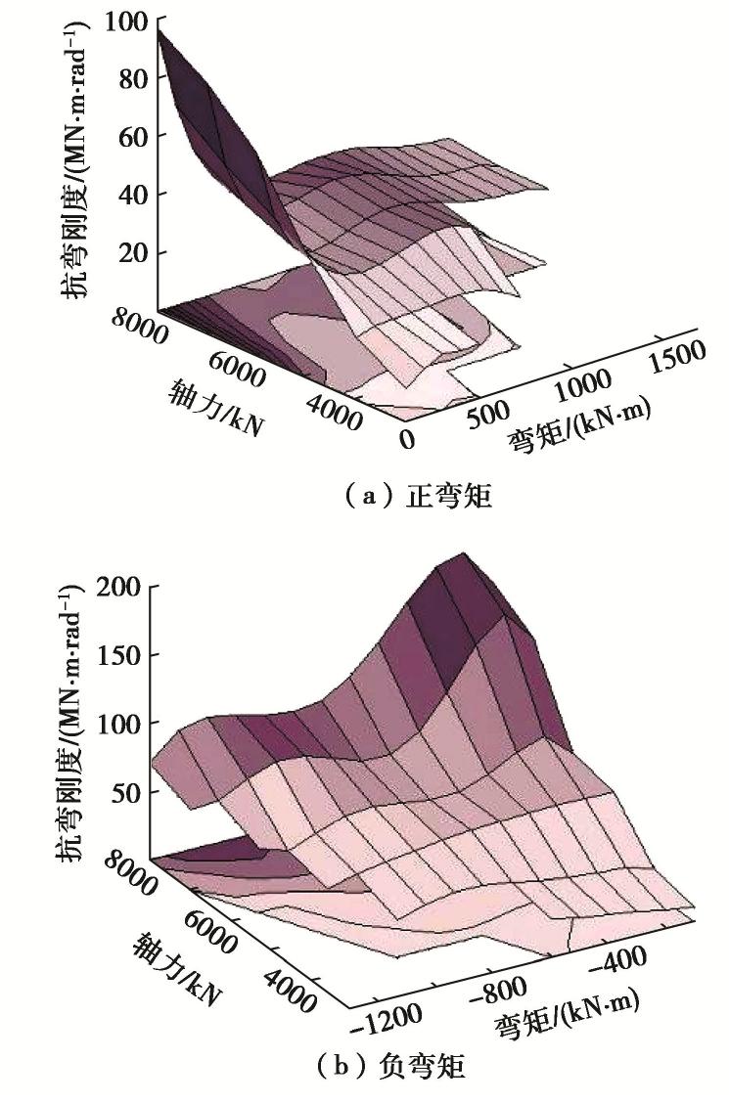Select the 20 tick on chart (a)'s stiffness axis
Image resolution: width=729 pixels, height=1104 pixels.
(133, 253)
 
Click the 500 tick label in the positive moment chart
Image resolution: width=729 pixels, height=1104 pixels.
(482, 414)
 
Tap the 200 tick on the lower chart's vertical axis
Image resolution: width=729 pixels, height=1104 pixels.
(125, 588)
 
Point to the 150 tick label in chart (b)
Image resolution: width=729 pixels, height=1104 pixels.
(125, 654)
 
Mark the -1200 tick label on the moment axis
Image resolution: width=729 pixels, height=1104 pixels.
(389, 1018)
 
